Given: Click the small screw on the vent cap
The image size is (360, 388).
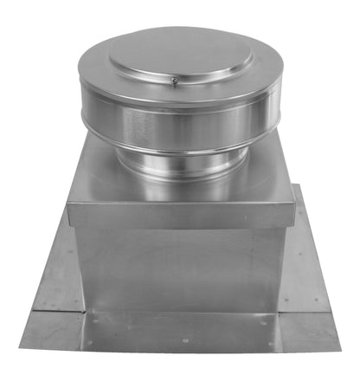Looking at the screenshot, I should point(175,82).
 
